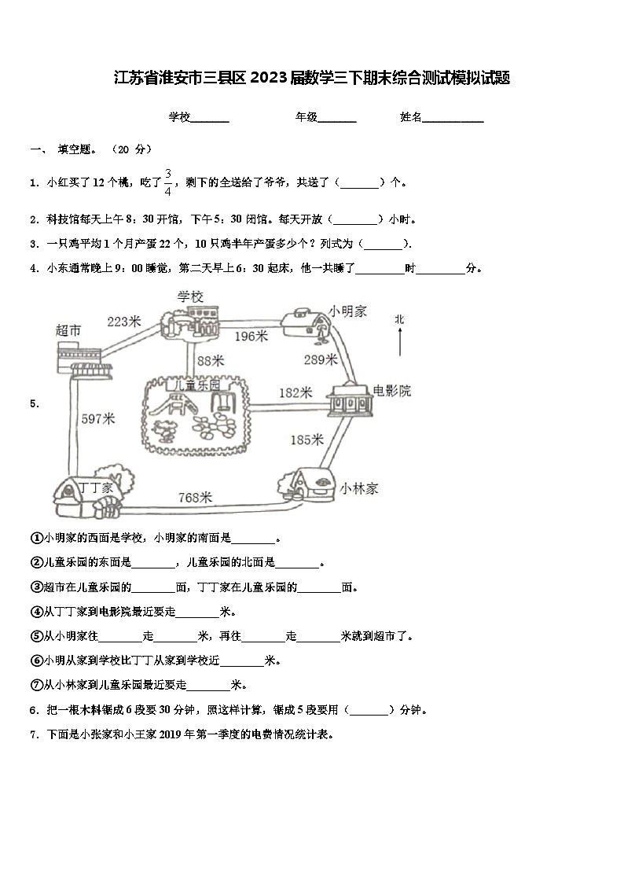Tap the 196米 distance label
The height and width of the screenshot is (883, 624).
pos(251,336)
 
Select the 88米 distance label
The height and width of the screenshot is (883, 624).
pos(210,360)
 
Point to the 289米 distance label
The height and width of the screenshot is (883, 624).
pos(321,359)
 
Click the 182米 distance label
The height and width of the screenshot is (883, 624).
pos(295,392)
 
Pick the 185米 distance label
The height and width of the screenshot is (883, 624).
pos(306,440)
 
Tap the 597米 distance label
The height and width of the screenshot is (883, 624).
pos(98,419)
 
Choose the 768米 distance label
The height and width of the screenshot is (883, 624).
pos(196,497)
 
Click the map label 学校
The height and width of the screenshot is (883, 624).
pos(190,296)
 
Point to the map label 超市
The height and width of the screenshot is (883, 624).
pos(68,330)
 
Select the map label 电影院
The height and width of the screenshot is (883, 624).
pos(391,391)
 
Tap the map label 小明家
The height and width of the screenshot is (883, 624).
pos(348,311)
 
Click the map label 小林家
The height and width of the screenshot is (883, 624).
pos(359,488)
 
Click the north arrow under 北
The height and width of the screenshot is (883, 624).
pos(399,342)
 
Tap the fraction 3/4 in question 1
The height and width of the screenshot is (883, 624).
pos(167,182)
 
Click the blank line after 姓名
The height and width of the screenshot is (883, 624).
pos(453,119)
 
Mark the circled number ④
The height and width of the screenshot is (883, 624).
pos(35,612)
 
